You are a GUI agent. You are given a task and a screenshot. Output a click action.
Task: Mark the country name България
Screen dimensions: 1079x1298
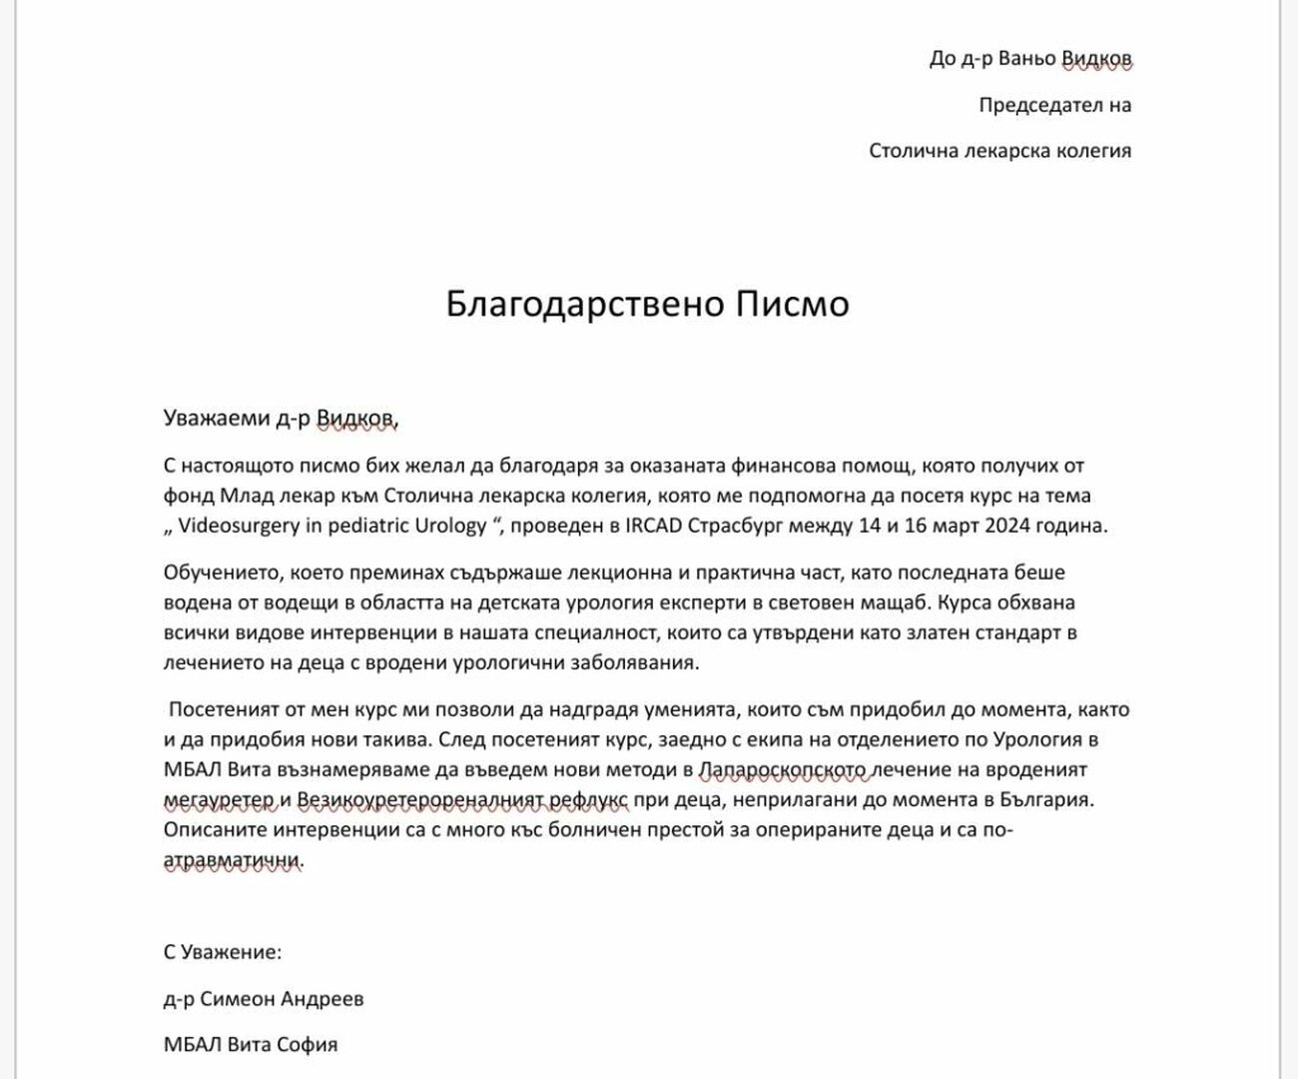click(x=1047, y=800)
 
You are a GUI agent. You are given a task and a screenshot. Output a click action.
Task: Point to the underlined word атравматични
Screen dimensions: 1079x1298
click(x=232, y=860)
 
